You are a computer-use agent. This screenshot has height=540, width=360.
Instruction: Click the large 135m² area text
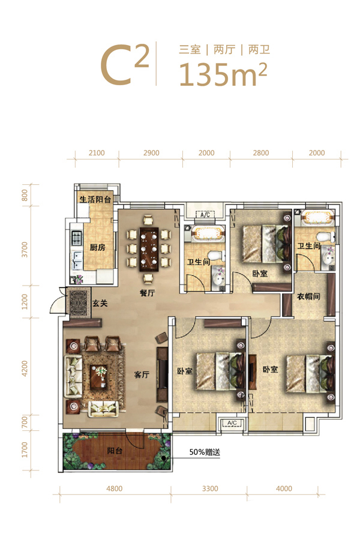[x=223, y=74]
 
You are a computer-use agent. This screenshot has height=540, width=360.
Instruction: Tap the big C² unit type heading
[x=125, y=65]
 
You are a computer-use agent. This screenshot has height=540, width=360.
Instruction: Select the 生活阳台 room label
[x=95, y=199]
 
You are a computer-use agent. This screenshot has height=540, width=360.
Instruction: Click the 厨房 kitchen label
[x=97, y=247]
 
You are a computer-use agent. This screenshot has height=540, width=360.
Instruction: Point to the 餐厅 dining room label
[x=147, y=293]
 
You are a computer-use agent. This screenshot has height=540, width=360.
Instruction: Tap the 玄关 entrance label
[x=100, y=303]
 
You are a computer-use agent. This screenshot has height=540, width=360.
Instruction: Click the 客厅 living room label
[x=142, y=374]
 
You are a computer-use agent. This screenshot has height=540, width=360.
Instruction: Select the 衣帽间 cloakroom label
[x=308, y=296]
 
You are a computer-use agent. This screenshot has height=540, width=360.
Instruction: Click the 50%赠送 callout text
[x=205, y=452]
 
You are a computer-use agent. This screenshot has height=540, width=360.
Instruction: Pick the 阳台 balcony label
[x=115, y=451]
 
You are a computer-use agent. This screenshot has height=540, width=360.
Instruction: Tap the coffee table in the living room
[x=100, y=377]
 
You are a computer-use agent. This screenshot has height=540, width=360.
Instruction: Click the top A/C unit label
[x=205, y=215]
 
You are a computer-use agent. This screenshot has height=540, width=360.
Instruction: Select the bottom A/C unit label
[x=232, y=423]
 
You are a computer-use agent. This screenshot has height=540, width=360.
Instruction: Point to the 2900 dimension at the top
[x=151, y=153]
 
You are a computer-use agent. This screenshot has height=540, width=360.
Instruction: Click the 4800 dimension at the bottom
[x=115, y=488]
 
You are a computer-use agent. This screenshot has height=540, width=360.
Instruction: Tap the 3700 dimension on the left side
[x=25, y=250]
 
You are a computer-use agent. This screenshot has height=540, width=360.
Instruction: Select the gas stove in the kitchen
[x=76, y=238]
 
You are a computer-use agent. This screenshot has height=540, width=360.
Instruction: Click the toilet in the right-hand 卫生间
[x=326, y=237]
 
